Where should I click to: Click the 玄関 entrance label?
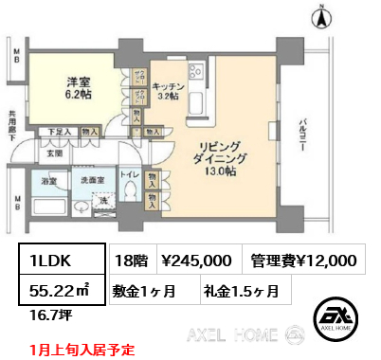click(55, 153)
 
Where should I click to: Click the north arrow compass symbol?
click(320, 15)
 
